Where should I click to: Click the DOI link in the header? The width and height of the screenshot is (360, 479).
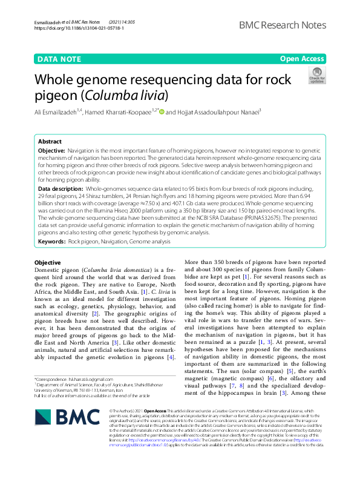pos(71,28)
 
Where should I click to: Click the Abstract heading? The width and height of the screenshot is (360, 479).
pos(50,140)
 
